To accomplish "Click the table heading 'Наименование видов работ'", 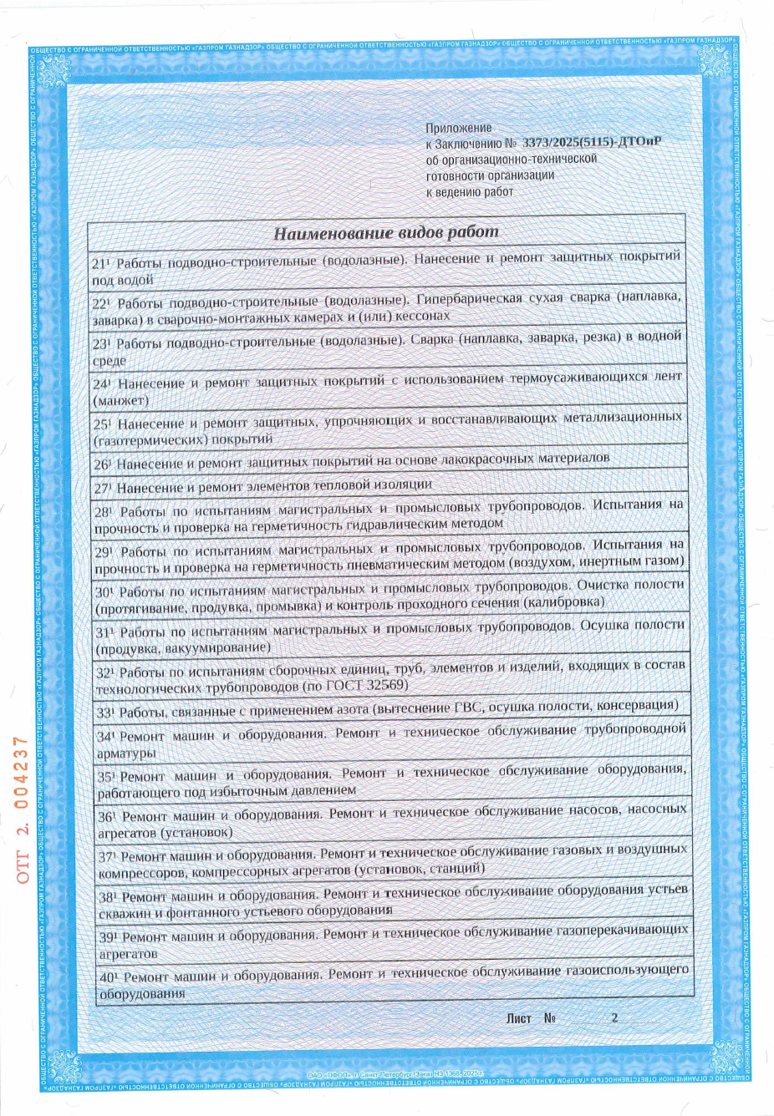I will (385, 232).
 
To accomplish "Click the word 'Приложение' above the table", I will (459, 128).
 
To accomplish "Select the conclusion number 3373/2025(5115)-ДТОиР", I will (592, 143).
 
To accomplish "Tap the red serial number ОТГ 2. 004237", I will (23, 809).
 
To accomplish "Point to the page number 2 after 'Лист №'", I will (614, 1017).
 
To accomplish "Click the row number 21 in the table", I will (100, 263).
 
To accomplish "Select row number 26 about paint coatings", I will (102, 464).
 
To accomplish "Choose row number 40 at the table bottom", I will (109, 976).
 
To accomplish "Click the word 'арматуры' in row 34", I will (126, 753).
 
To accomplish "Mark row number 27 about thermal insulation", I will (102, 489).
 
